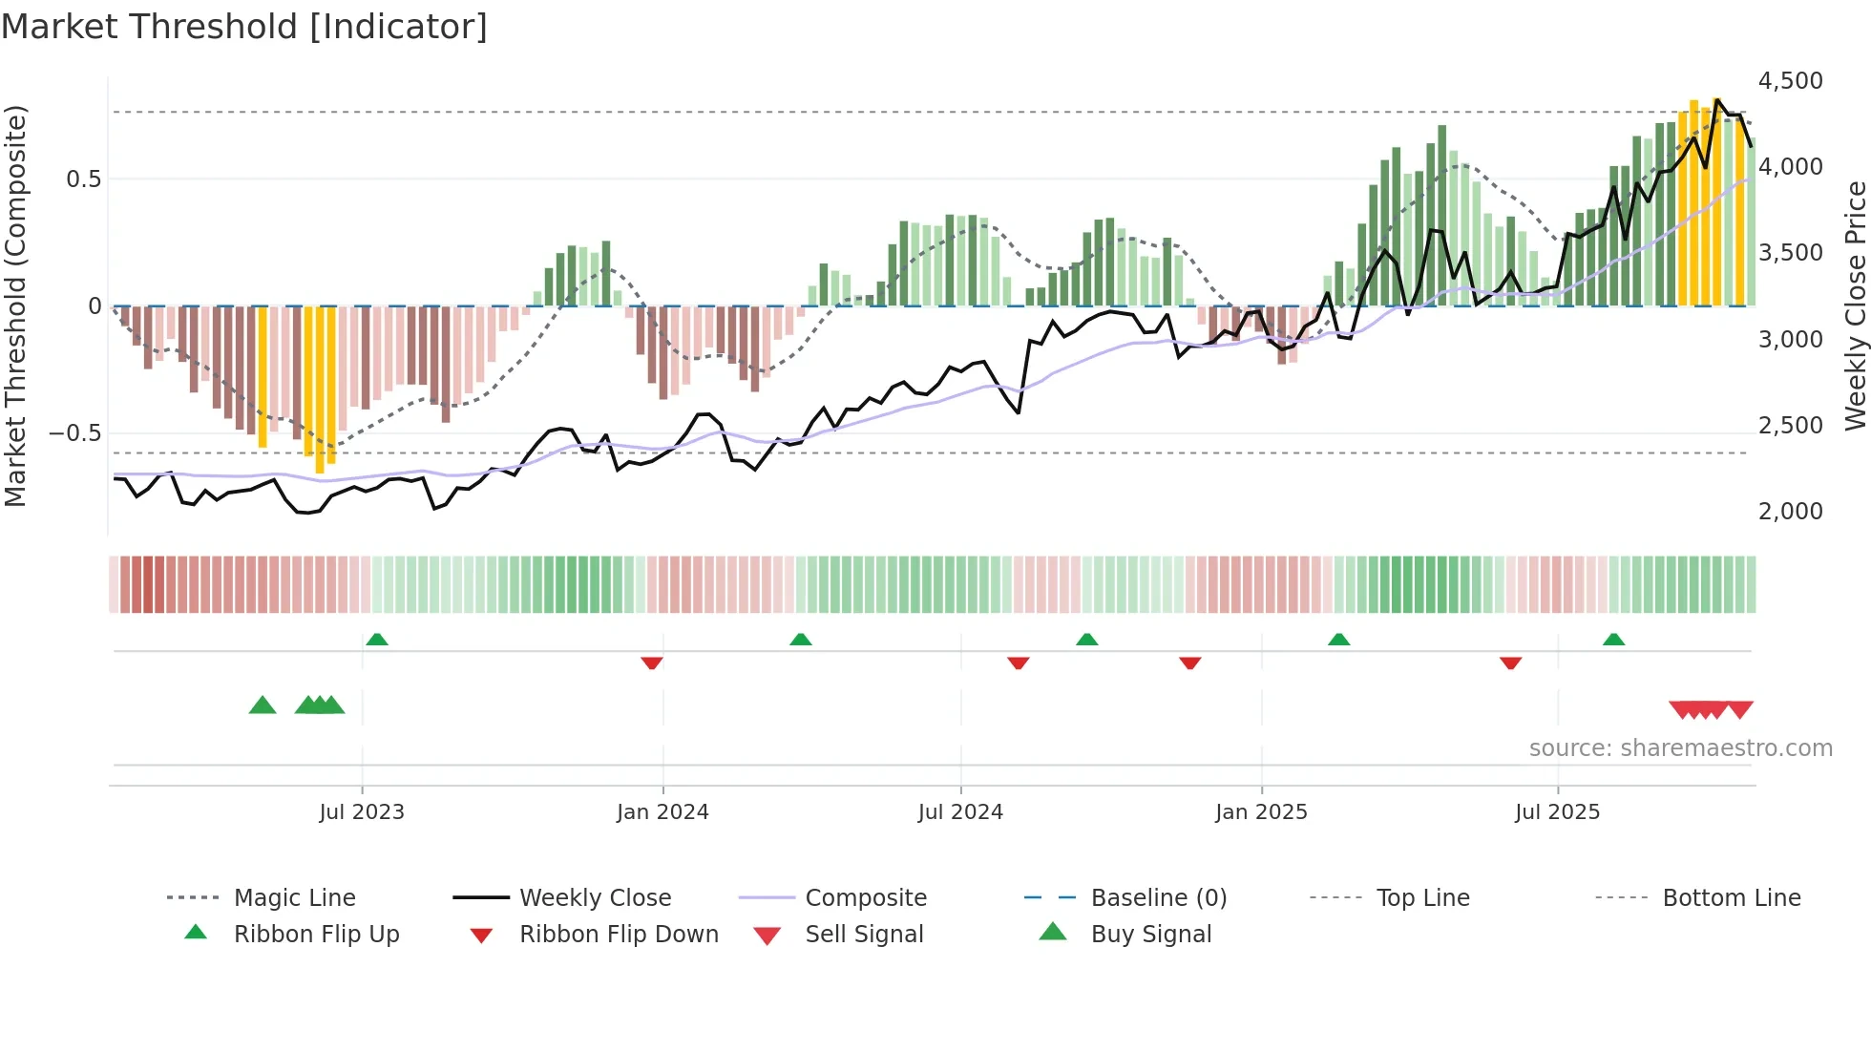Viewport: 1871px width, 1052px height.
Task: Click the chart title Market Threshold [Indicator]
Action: (x=244, y=27)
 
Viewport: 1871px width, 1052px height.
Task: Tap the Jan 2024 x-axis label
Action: (x=662, y=812)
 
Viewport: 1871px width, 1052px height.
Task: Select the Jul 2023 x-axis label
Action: (x=362, y=812)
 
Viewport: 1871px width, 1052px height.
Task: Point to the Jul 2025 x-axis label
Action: (x=1557, y=812)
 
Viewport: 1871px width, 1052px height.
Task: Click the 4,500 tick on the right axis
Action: (x=1790, y=81)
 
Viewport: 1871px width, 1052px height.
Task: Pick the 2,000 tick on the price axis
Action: (x=1790, y=512)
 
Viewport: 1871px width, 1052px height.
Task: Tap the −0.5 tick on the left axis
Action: (x=75, y=433)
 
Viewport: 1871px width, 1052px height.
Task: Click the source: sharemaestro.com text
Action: (x=1680, y=748)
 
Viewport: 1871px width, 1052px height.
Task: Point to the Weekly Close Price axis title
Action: (x=1855, y=305)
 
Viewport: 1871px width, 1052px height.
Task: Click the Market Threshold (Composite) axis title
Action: (x=15, y=305)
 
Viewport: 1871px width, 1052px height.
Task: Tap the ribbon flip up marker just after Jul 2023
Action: (x=377, y=640)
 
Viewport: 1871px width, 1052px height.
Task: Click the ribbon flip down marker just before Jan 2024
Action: (x=652, y=663)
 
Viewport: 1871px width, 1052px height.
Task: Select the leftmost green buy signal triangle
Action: (x=263, y=705)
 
